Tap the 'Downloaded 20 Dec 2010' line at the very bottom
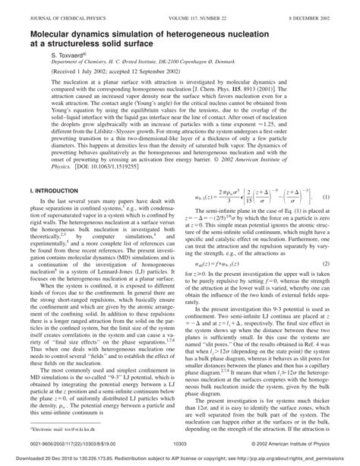(180, 460)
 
